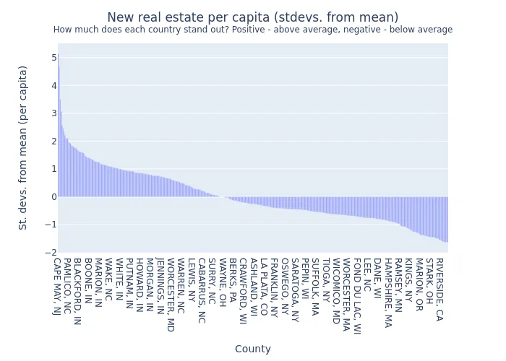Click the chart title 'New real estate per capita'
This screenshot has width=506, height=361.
coord(252,17)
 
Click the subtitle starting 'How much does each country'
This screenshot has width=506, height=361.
coord(252,30)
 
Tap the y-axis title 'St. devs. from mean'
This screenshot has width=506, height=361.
coord(23,147)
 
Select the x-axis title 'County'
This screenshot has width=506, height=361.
coord(252,349)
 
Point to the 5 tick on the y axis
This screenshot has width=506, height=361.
coord(53,58)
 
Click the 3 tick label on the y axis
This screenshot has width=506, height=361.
coord(53,113)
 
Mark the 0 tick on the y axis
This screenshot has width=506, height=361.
coord(53,196)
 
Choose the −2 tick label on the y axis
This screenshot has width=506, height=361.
coord(51,252)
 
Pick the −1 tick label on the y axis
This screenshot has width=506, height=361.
coord(51,225)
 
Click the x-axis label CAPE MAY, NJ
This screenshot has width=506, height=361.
coord(57,287)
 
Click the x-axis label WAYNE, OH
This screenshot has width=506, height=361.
coord(223,282)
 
